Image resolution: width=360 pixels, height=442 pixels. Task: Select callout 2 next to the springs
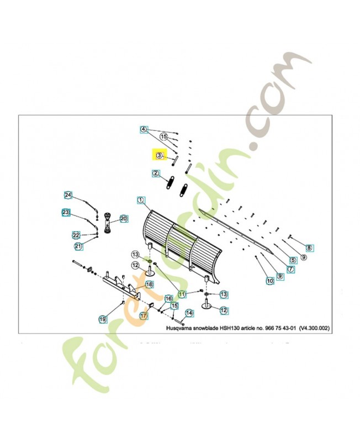click(x=156, y=173)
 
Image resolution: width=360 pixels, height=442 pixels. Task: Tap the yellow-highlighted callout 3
click(x=159, y=156)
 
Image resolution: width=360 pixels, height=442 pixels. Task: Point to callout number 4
click(x=144, y=129)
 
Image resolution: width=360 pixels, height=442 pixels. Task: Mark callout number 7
click(x=290, y=269)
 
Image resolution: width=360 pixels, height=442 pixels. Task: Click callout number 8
click(x=309, y=248)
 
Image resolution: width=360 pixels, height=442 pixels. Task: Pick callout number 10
click(x=270, y=281)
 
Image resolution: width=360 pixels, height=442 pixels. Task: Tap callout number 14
click(x=189, y=313)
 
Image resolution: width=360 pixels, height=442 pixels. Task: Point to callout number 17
click(x=142, y=316)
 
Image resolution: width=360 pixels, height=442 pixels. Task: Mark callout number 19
click(x=103, y=319)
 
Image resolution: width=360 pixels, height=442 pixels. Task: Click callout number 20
click(x=123, y=219)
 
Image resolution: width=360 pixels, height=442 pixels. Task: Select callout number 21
click(x=78, y=246)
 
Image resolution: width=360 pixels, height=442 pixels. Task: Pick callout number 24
click(x=68, y=195)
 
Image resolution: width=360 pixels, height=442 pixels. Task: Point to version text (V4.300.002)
click(x=314, y=328)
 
